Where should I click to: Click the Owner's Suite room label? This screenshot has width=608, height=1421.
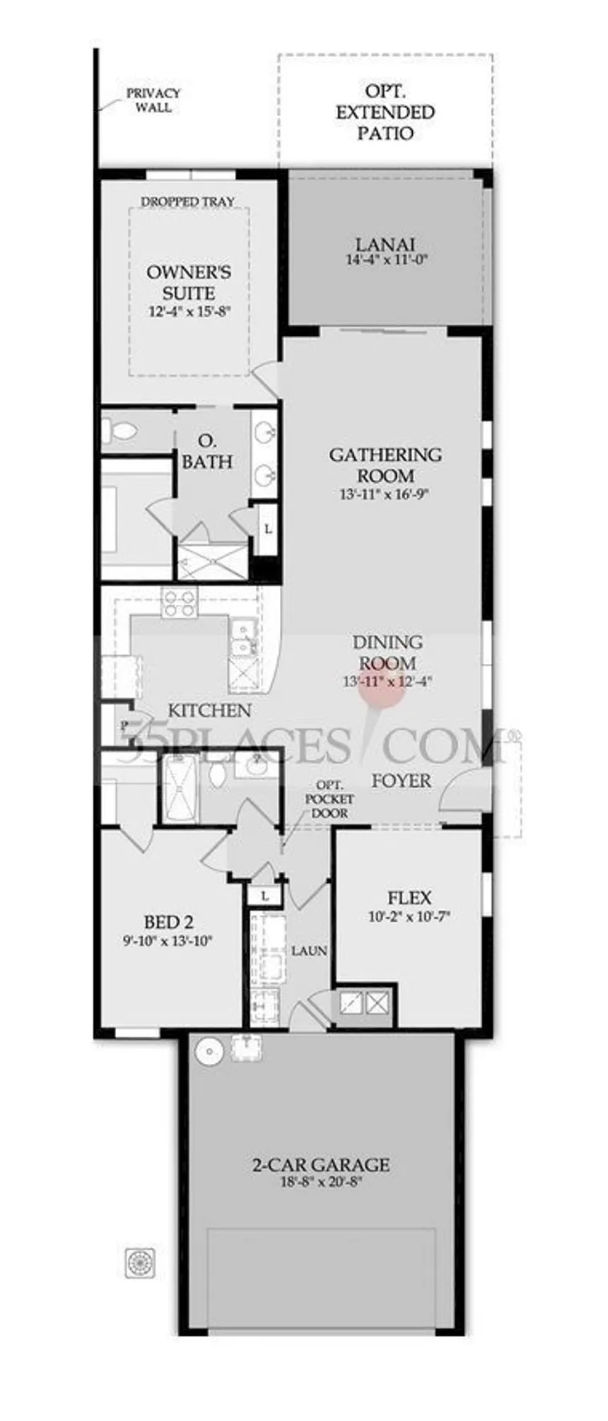189,282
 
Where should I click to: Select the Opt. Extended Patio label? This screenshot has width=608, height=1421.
385,112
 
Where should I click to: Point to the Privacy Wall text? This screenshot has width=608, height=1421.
153,100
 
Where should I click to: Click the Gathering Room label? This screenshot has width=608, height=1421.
385,464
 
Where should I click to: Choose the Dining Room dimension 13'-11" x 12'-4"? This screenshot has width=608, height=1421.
387,682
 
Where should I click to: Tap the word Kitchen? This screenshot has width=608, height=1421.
209,710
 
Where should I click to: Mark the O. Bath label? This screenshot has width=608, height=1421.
208,452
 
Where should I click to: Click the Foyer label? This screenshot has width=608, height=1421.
402,780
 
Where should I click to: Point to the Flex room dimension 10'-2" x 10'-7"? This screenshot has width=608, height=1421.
409,916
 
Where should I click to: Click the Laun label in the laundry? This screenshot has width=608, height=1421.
309,952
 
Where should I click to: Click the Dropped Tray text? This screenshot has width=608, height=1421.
188,201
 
